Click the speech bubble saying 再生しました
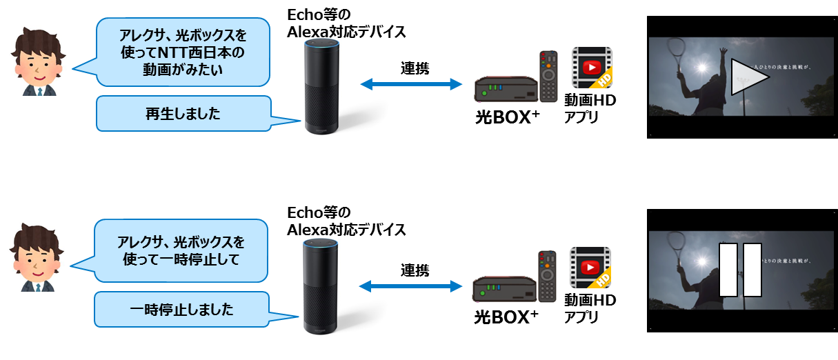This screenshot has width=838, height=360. [183, 114]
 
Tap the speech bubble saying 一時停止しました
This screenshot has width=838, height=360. [181, 310]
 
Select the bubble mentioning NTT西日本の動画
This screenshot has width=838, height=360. [182, 52]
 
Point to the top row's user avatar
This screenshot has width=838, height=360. [36, 61]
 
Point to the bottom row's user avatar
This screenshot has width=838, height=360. [35, 256]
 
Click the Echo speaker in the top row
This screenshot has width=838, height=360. [321, 86]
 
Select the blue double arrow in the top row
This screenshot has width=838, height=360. [412, 84]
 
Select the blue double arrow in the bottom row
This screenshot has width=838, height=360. [411, 285]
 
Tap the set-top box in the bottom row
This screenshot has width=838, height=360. [504, 289]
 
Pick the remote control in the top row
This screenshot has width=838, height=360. [548, 76]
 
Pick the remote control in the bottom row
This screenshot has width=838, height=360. [547, 276]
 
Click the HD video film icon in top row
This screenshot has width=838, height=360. [592, 68]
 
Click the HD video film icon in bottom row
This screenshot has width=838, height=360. [590, 267]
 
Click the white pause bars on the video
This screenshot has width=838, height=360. [740, 270]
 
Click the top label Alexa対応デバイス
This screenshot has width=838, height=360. [345, 32]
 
